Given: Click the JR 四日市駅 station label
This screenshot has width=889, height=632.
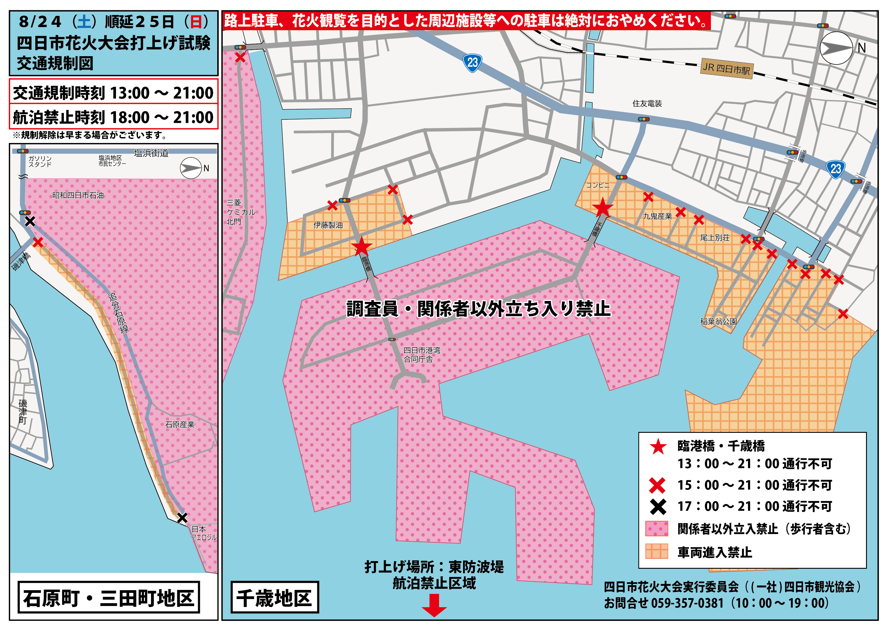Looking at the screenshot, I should [727, 69].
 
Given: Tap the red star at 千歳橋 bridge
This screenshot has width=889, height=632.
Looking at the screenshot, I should [602, 207].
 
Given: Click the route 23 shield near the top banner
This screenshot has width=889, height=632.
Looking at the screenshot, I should [472, 63].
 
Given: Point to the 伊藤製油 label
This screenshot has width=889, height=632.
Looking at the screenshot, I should [328, 225].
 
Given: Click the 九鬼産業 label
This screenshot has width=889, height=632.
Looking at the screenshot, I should [657, 216].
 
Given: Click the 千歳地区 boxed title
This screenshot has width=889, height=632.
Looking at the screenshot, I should [275, 597].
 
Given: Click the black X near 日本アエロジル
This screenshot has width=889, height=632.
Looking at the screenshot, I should [182, 518].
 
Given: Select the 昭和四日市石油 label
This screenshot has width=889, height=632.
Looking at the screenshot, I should [78, 195].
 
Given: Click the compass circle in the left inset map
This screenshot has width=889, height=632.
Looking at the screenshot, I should [190, 168].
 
